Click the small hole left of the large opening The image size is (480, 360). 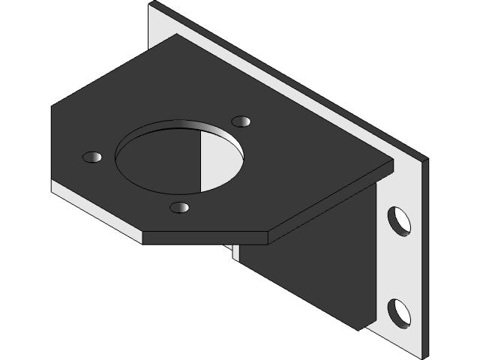tap(92, 157)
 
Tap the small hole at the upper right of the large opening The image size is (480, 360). tap(241, 121)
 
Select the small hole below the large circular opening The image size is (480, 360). tap(180, 207)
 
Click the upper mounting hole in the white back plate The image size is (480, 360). tap(398, 220)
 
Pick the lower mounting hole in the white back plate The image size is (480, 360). tap(398, 312)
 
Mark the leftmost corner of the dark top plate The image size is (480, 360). tap(52, 107)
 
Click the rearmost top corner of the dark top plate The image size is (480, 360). tap(176, 34)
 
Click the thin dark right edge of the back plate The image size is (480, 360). tap(420, 255)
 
